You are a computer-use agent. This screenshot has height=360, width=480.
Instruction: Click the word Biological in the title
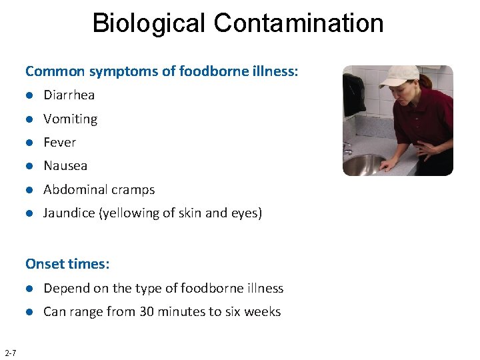tap(149, 23)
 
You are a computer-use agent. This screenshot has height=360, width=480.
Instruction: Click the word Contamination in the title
tap(299, 23)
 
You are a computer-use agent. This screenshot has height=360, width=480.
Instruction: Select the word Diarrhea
tap(69, 95)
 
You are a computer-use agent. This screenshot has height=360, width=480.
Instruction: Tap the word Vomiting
tap(70, 119)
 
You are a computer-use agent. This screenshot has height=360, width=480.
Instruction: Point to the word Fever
tap(59, 142)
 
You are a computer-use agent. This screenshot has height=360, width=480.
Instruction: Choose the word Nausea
tap(65, 165)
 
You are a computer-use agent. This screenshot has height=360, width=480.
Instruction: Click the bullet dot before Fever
tap(30, 143)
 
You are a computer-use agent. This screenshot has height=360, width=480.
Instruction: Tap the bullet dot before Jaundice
tap(30, 213)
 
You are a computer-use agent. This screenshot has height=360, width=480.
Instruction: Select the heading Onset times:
tap(67, 264)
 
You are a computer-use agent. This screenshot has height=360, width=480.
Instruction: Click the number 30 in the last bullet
tap(145, 311)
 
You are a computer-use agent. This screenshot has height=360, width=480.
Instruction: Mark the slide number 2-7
tap(11, 352)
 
